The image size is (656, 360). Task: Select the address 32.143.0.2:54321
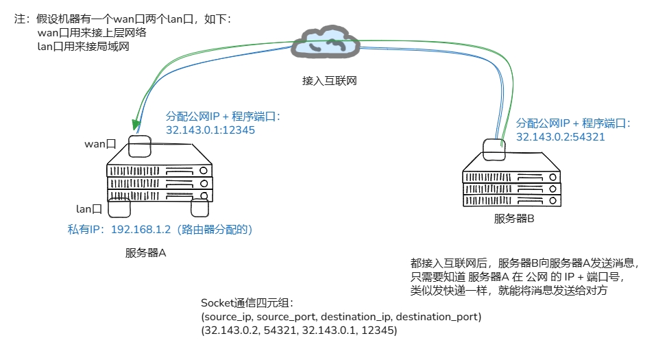(x=560, y=136)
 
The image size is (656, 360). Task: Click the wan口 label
(x=100, y=144)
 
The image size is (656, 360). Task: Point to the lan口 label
(x=89, y=208)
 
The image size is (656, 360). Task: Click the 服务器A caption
(x=145, y=252)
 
